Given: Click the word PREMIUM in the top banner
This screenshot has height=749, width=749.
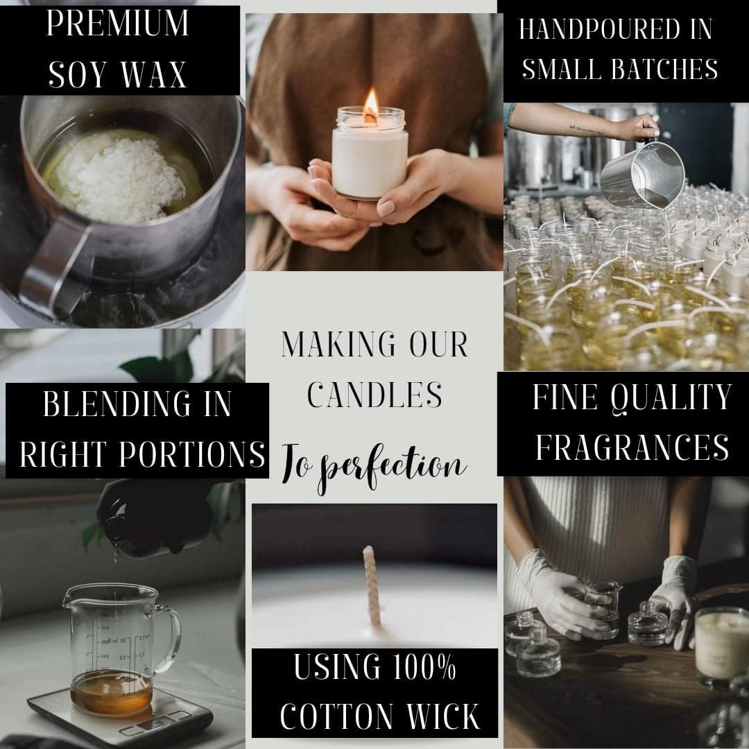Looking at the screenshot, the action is pos(117,23).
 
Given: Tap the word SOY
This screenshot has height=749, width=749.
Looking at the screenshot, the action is pos(78,74).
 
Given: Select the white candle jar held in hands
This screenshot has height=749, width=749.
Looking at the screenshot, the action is pos(370,152).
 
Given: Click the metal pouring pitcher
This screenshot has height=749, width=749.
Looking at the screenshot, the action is pos(643,175).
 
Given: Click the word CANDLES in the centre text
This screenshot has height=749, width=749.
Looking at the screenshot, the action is pos(374,395).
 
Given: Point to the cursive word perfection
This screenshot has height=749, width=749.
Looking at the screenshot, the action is pos(393,467).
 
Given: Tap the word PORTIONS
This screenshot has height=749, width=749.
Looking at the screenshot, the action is pos(192,454).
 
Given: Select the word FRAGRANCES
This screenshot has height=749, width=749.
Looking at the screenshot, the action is pos(632,447).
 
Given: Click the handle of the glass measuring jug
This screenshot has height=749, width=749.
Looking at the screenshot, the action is pos(168,638).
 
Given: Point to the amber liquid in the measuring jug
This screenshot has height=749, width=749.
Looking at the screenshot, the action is pos(112,693).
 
